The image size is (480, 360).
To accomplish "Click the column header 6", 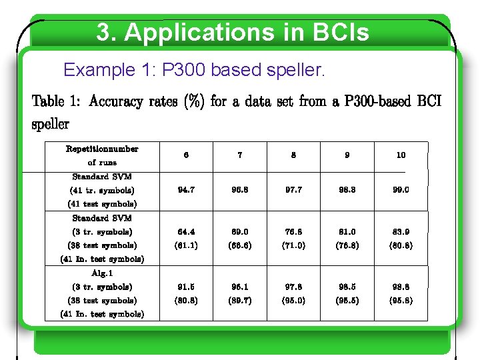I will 186,155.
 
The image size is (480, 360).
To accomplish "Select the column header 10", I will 401,155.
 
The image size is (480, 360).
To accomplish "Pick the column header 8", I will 293,155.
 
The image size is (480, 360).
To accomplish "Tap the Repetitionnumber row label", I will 102,149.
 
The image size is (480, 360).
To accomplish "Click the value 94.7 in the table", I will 186,190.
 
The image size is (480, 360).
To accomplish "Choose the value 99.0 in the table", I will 401,190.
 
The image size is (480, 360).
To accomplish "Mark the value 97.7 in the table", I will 293,190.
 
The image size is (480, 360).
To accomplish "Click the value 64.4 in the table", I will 186,232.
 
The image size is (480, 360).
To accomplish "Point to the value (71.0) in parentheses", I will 293,245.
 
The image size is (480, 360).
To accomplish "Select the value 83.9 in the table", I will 401,232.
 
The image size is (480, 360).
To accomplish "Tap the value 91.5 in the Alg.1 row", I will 186,287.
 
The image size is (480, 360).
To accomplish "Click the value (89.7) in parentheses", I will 240,300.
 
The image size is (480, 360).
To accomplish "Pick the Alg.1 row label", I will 102,273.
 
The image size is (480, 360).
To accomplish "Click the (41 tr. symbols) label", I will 102,190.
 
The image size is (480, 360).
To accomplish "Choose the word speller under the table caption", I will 51,124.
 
